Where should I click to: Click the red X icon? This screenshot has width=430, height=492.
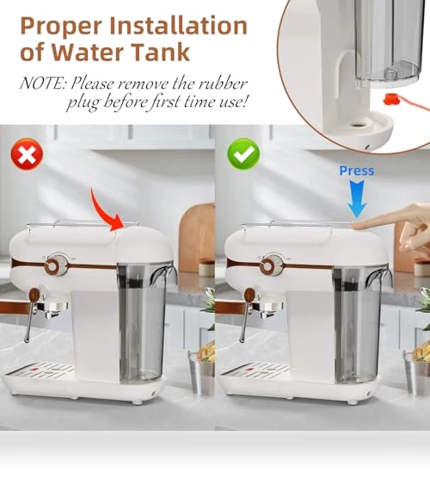[27, 154]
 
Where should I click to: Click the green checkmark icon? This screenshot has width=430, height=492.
[243, 153]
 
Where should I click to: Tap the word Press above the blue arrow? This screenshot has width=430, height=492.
[357, 171]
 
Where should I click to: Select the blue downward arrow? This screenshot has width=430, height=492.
[357, 198]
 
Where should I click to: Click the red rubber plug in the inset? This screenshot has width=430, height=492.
[390, 100]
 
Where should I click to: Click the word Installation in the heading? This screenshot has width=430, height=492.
[179, 27]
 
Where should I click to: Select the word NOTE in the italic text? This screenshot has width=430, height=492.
[43, 84]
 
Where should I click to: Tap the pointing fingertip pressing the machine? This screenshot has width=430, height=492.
[357, 225]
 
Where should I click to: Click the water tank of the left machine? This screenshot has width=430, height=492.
[142, 323]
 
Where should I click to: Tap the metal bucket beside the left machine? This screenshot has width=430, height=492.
[201, 373]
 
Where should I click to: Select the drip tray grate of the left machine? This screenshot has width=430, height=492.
[40, 369]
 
